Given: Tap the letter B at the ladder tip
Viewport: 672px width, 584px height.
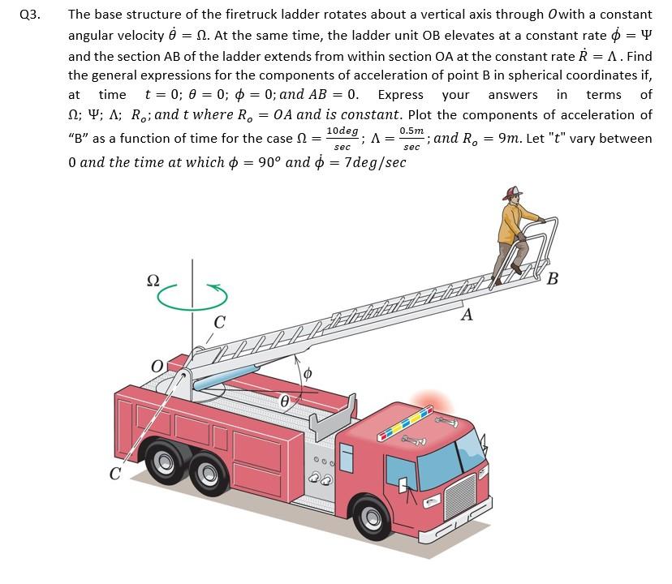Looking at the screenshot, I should point(553,281).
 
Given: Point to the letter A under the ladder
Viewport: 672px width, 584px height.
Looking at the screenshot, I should point(467,316).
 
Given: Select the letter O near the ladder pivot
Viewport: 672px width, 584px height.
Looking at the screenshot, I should point(157,367).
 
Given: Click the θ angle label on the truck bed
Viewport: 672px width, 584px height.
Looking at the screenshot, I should point(285,400).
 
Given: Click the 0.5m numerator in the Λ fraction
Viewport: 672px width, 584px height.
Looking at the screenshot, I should point(411,131).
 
